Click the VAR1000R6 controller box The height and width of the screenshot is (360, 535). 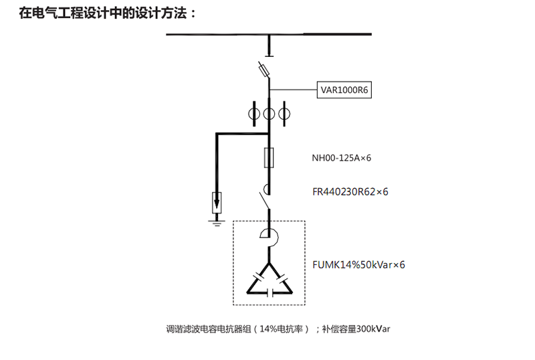344,90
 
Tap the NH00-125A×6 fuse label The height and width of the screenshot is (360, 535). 341,158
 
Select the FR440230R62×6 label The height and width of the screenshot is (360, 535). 350,191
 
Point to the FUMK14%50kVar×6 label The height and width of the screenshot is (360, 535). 358,265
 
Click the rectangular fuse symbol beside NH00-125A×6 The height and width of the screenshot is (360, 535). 269,157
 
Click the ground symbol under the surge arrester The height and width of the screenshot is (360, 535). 217,223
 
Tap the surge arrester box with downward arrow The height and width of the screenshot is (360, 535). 217,202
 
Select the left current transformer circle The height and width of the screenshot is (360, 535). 254,114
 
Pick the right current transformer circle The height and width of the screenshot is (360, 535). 284,114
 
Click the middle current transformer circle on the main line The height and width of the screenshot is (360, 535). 269,114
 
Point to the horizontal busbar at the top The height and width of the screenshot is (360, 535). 269,34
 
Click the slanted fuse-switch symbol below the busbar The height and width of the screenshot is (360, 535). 263,70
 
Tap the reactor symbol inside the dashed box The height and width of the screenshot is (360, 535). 270,238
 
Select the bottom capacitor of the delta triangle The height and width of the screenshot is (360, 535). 270,292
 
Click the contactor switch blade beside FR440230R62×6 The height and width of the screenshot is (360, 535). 263,201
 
